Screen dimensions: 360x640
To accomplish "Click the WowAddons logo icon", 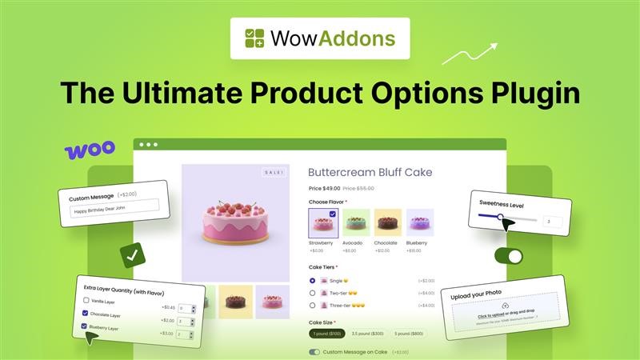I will point(255,38).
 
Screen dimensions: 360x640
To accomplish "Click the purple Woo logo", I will point(89,150).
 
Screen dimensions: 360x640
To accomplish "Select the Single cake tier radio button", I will point(313,281).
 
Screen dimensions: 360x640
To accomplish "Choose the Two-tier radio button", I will point(313,293).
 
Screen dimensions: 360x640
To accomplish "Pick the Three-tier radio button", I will point(313,305).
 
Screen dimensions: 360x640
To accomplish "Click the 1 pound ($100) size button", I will point(326,333).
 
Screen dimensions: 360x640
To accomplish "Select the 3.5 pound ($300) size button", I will point(368,333).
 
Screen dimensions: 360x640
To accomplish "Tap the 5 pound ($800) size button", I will point(408,333).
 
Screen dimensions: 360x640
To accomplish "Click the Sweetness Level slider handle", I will point(501,217).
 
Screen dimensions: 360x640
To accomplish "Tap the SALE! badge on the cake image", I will point(273,172).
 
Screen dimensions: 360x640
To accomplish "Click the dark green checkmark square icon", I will point(131,256).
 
